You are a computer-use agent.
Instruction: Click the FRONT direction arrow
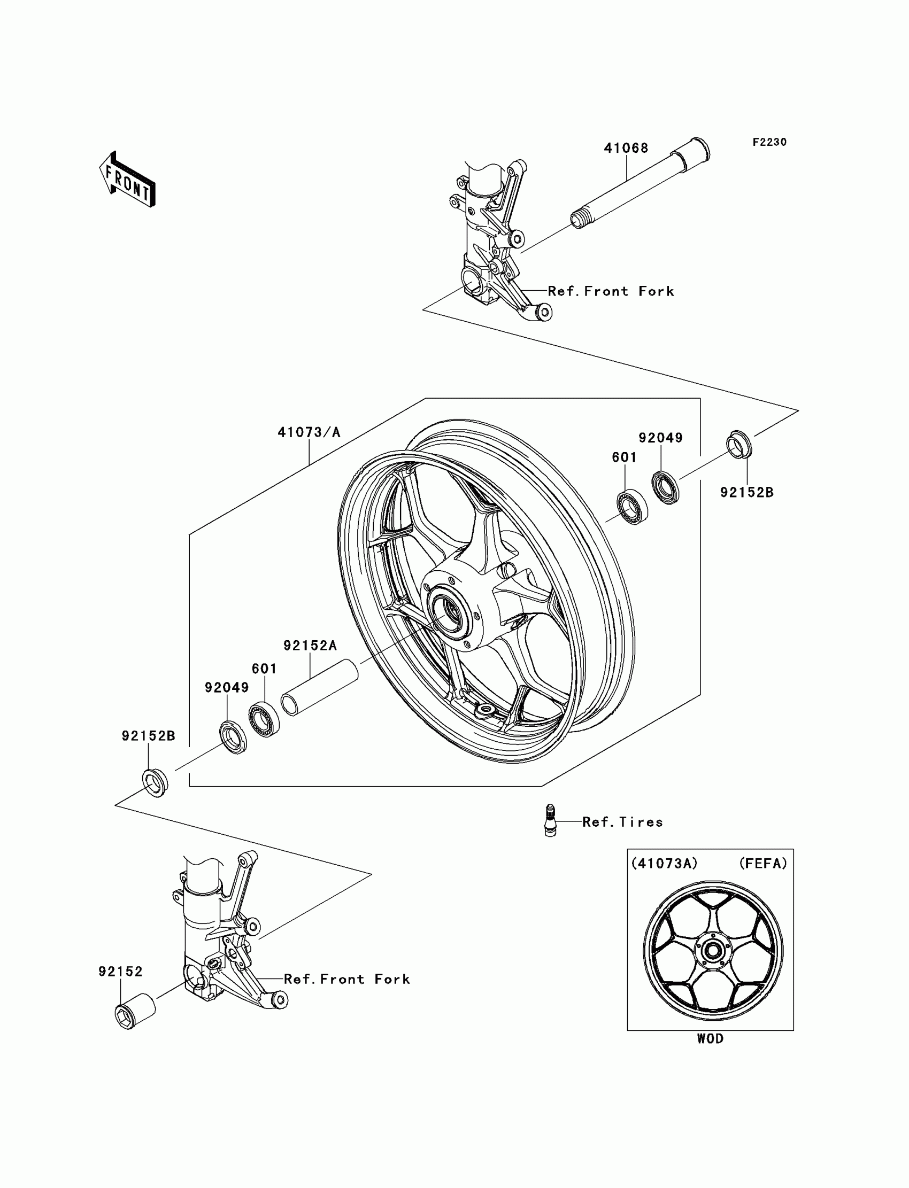pos(128,180)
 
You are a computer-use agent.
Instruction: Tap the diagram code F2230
pos(769,142)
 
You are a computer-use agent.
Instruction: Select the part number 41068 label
pos(626,148)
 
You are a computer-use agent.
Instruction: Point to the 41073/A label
pos(309,432)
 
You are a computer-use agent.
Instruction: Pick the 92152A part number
pos(310,646)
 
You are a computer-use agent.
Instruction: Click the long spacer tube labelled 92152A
pos(320,687)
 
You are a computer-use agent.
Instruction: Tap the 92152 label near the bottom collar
pos(121,972)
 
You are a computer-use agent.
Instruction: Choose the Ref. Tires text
pos(622,822)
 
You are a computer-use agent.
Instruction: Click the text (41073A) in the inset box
pos(665,864)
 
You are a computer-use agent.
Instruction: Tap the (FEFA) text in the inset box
pos(763,864)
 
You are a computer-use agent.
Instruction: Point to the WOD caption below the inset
pos(710,1039)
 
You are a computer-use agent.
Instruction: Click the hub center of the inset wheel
pos(713,950)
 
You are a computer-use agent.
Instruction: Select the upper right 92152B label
pos(746,493)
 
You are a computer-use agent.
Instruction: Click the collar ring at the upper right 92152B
pos(738,445)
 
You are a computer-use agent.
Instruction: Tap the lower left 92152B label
pos(148,736)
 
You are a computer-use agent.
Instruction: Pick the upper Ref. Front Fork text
pos(611,291)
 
